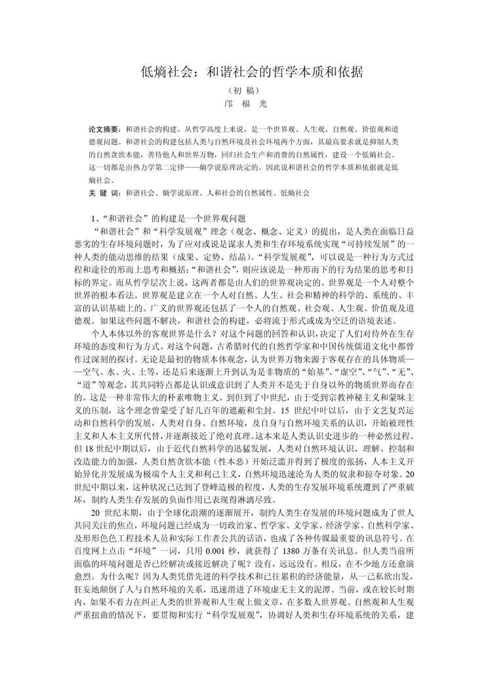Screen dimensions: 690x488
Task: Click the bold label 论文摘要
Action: tap(104, 129)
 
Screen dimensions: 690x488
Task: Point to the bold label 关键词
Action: tap(104, 193)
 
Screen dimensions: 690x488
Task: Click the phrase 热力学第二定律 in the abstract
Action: tap(165, 167)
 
